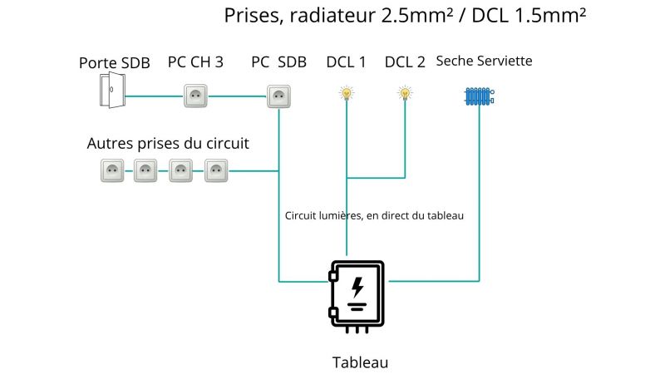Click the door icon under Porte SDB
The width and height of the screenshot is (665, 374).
[x=112, y=90]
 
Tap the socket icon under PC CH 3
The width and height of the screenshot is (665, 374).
[x=195, y=96]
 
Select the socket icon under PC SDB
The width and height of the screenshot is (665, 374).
[x=278, y=96]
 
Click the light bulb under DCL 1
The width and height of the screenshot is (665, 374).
[x=347, y=93]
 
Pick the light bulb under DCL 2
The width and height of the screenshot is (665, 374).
[x=405, y=93]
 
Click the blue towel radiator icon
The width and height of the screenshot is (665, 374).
[x=480, y=96]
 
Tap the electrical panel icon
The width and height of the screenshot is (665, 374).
[x=357, y=297]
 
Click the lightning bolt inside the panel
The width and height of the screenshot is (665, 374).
[x=357, y=287]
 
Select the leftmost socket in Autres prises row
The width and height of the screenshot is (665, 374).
[x=112, y=170]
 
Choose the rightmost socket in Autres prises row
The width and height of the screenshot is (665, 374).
[x=216, y=170]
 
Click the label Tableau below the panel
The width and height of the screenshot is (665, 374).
[x=360, y=362]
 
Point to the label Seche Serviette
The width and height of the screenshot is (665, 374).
[x=484, y=61]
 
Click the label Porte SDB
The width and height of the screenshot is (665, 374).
[x=115, y=63]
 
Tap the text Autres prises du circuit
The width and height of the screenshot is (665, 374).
[x=168, y=143]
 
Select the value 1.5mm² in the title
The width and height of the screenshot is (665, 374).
[x=550, y=15]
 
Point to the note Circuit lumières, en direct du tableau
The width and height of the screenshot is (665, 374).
[x=374, y=216]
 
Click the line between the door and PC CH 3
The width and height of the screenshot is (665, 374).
[x=155, y=96]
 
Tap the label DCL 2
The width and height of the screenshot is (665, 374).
[x=405, y=62]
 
